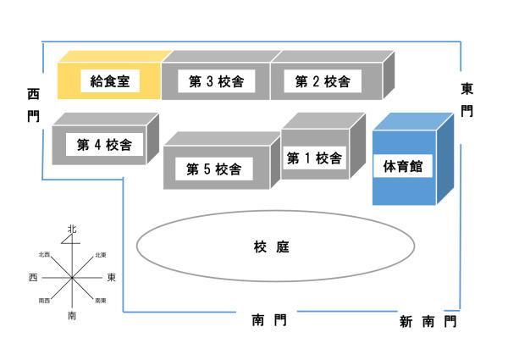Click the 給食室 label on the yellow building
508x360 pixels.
point(110,81)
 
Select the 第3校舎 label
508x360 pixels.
point(217,81)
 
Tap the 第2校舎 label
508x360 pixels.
point(323,81)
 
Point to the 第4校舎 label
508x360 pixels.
point(104,145)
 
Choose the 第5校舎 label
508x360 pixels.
point(214,169)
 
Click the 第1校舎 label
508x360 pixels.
point(314,158)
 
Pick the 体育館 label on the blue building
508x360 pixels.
point(403,166)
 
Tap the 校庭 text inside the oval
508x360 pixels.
point(272,246)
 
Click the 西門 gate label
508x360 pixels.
point(33,105)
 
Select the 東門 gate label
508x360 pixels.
point(467,100)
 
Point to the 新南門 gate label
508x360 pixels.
point(428,322)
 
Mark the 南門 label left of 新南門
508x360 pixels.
point(269,320)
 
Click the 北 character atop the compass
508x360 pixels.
point(72,229)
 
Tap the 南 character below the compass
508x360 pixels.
point(72,315)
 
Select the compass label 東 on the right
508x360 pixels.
point(111,277)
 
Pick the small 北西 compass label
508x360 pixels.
point(44,255)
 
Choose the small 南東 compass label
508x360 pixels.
point(101,301)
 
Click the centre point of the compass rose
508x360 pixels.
point(72,278)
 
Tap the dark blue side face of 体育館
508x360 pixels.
point(445,158)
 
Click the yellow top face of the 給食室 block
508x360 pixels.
point(115,57)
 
